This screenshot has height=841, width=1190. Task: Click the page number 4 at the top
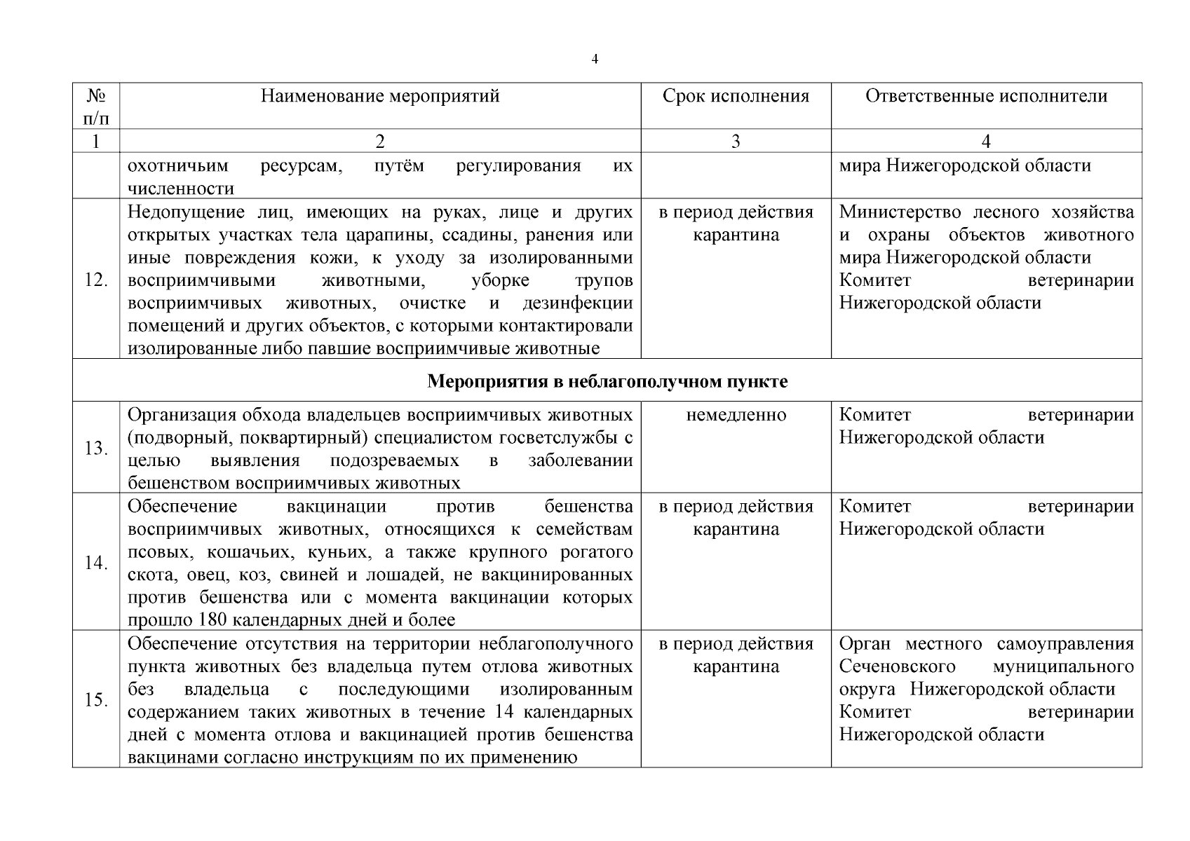coord(595,60)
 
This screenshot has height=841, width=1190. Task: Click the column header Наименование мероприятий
coord(380,96)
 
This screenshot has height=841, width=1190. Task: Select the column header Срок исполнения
coord(736,96)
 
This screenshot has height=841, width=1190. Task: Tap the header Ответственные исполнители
coord(986,96)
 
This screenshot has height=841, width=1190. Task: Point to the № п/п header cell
coord(96,105)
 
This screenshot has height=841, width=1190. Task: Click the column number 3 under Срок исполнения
coord(736,142)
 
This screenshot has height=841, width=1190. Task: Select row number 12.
coord(96,280)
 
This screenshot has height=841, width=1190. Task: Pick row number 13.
coord(96,449)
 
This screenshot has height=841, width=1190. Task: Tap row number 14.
coord(96,563)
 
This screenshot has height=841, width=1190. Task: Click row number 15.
coord(96,700)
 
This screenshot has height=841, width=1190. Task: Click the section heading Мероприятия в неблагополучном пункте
coord(607,382)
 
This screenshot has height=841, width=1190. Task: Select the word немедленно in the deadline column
coord(736,415)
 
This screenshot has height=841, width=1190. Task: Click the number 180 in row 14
coord(212,620)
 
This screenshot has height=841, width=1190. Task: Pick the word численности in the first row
coord(181,189)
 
